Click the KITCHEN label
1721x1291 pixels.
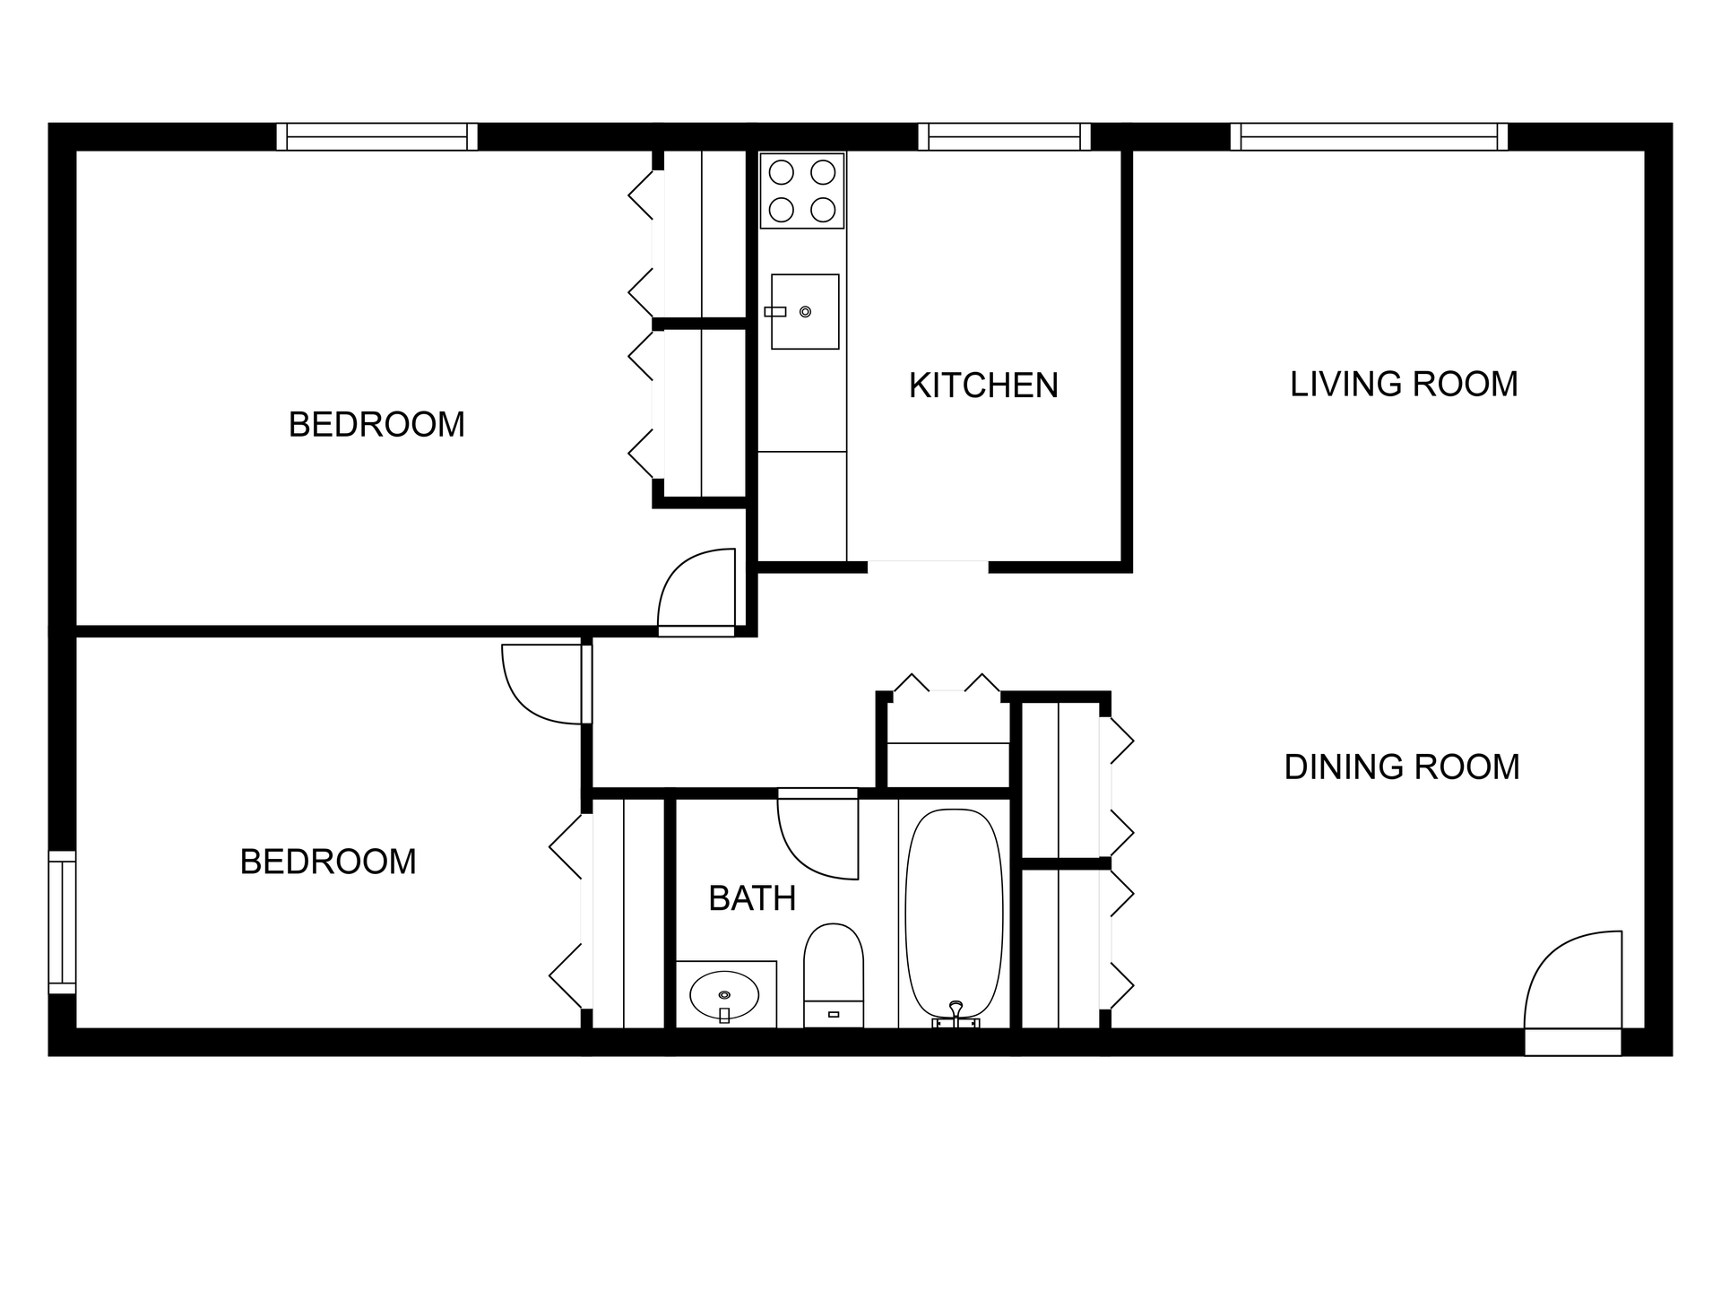click(x=983, y=386)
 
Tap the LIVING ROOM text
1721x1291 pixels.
click(x=1403, y=384)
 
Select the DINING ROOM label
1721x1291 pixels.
click(x=1401, y=767)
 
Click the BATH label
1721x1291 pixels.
click(x=752, y=898)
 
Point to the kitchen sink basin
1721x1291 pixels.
click(x=805, y=311)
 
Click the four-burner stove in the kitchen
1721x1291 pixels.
click(x=802, y=190)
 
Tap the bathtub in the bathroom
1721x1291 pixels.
click(x=954, y=910)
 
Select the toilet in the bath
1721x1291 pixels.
click(x=834, y=973)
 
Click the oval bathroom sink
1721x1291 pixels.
click(x=724, y=994)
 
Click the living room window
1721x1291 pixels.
click(x=1369, y=137)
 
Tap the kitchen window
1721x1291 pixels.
click(x=1004, y=137)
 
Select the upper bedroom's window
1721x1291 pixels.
click(x=376, y=137)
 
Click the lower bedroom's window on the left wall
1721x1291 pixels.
click(x=62, y=922)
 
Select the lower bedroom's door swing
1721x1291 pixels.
click(x=543, y=682)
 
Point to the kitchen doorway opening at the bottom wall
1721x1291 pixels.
click(x=928, y=567)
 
